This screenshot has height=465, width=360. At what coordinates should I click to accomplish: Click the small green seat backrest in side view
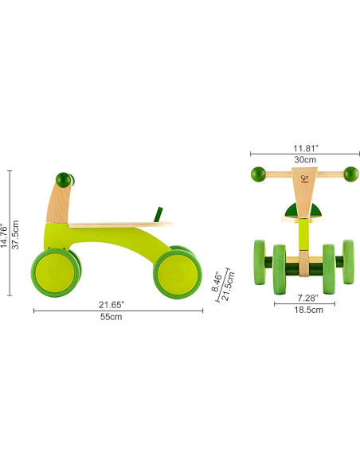(158, 214)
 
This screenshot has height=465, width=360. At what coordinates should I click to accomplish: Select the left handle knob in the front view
(257, 173)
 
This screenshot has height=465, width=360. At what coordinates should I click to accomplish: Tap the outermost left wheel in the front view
(260, 264)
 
